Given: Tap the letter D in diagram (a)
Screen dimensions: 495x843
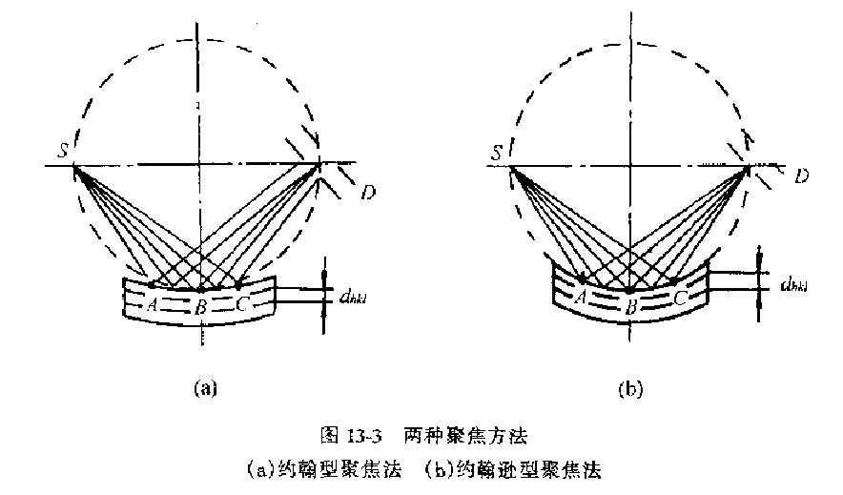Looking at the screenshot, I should [368, 194].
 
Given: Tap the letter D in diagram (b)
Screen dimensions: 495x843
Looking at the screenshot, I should [802, 176].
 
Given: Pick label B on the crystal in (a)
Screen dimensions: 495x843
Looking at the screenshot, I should [201, 306].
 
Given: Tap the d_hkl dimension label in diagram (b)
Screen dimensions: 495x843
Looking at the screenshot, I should [798, 283].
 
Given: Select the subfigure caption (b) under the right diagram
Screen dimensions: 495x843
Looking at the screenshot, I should [631, 389].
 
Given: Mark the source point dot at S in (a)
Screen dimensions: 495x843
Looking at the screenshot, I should [74, 166].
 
